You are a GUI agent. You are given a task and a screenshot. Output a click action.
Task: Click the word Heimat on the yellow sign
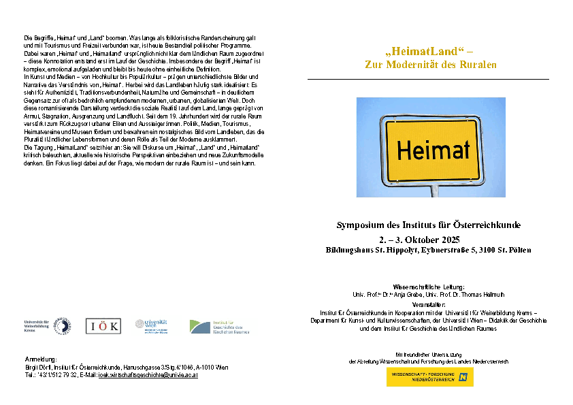point(433,150)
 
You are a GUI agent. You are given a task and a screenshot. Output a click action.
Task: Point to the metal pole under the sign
point(435,190)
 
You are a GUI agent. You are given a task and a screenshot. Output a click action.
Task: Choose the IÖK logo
point(103,326)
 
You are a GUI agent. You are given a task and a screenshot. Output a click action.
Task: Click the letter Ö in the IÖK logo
point(103,327)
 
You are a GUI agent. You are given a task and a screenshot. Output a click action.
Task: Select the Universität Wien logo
point(156,325)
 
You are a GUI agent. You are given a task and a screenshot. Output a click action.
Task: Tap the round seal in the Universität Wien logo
point(140,324)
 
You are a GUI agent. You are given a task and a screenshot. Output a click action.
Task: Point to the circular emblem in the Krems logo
point(63,326)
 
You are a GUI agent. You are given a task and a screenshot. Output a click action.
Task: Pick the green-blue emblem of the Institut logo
point(199,327)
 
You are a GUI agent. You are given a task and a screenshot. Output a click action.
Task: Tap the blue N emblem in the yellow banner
point(463,376)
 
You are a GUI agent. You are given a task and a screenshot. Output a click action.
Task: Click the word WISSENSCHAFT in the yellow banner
point(406,374)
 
